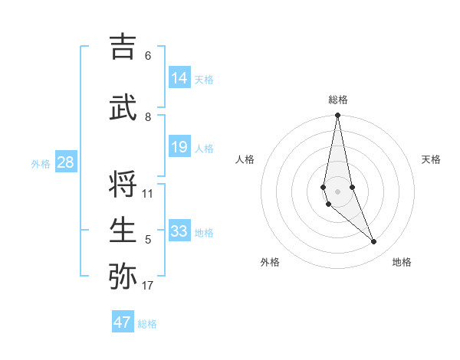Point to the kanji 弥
tap(124, 276)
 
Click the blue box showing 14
tap(179, 78)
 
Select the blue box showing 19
tap(179, 147)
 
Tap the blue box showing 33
tap(179, 231)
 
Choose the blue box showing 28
tap(66, 162)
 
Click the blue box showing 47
tap(123, 322)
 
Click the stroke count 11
tap(148, 193)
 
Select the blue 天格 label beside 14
tap(203, 80)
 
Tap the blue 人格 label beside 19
tap(203, 149)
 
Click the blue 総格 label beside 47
tap(147, 324)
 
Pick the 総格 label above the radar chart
tap(337, 100)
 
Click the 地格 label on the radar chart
tap(402, 262)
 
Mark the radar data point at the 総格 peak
tap(337, 116)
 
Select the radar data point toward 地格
tap(374, 242)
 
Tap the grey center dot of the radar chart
tap(337, 191)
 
